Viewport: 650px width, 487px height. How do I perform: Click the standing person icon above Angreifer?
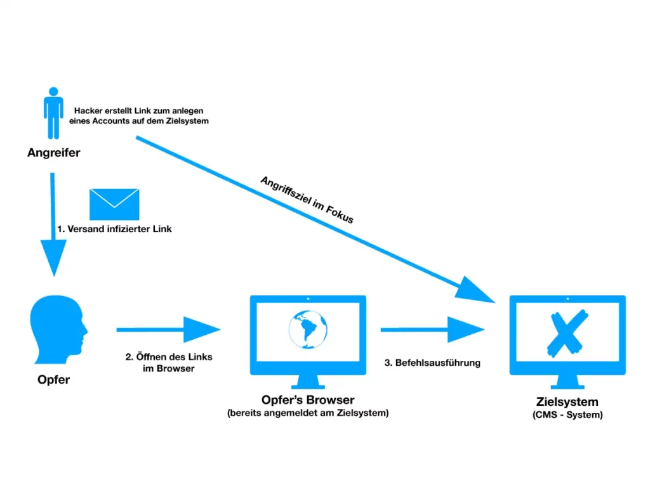(53, 114)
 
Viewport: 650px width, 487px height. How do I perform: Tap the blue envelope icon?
(114, 204)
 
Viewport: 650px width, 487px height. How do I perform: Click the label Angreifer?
(54, 153)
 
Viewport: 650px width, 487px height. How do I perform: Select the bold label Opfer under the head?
(53, 380)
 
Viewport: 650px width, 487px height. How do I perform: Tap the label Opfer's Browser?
(308, 400)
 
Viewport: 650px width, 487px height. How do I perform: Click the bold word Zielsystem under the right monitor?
(567, 402)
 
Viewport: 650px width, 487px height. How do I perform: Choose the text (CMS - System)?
(567, 415)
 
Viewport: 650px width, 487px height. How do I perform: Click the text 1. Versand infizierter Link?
(114, 229)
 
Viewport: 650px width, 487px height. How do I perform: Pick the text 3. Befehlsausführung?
(432, 363)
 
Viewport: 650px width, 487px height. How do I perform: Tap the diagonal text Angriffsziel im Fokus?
(306, 199)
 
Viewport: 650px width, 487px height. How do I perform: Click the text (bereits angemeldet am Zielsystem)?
(308, 413)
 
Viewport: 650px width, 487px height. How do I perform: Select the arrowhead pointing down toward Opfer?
(54, 257)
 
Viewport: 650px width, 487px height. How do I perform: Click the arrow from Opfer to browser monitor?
(168, 330)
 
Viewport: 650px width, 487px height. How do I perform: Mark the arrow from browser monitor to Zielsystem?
(432, 330)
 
